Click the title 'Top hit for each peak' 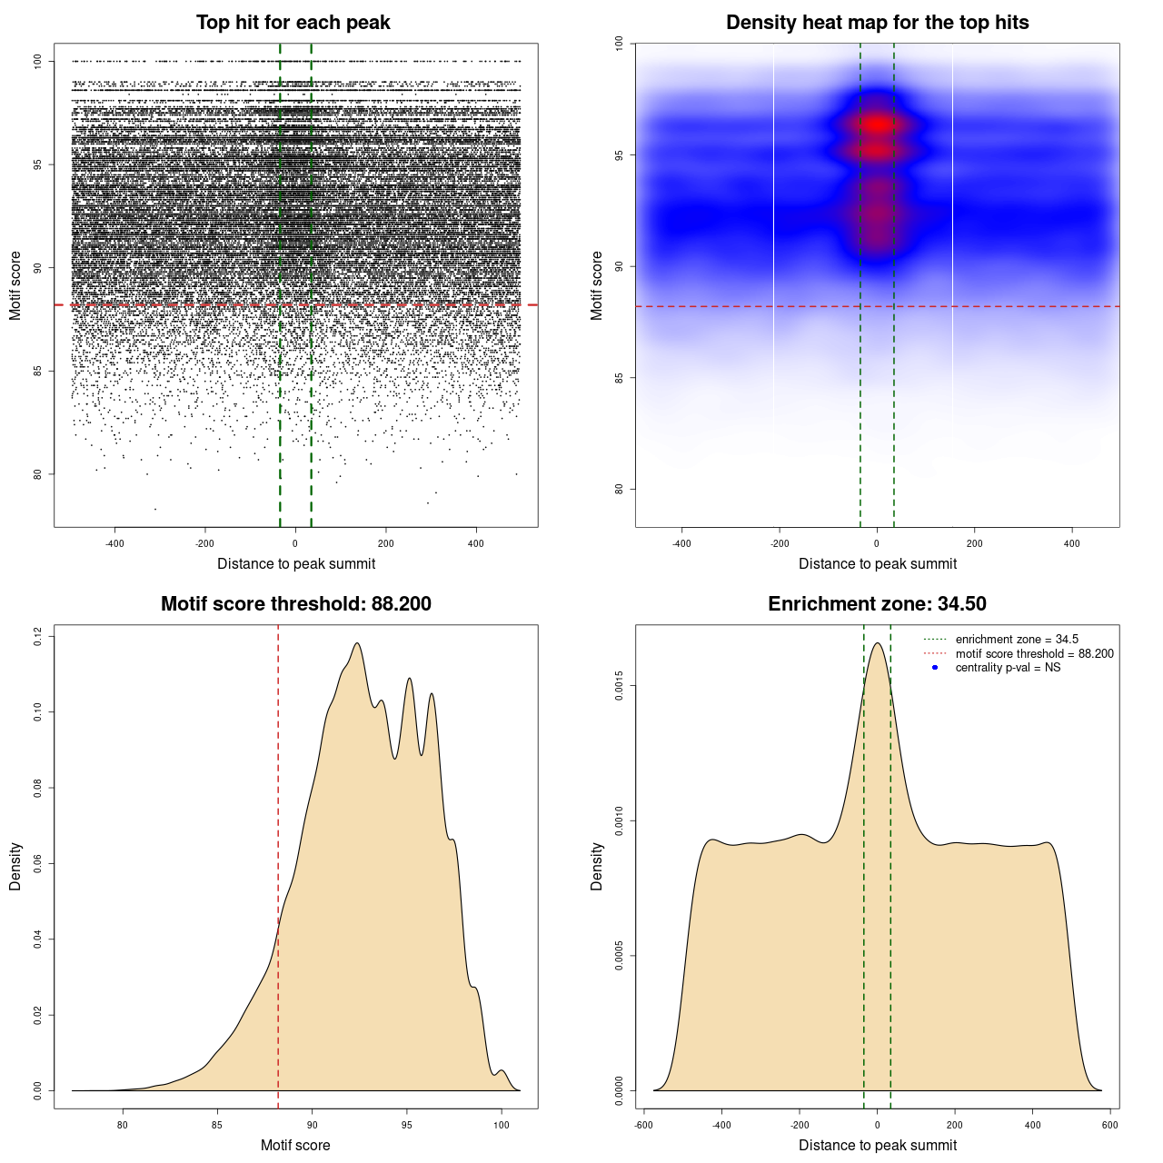(293, 23)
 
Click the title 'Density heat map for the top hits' (877, 23)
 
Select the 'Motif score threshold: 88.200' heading (295, 604)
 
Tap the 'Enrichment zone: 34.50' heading (877, 604)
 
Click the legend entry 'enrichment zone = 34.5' (1017, 640)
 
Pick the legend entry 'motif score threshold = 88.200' (1034, 654)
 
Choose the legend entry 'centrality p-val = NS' (1008, 668)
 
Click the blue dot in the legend (935, 668)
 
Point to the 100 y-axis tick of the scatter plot (38, 61)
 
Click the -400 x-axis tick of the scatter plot (114, 543)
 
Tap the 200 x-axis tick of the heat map (975, 543)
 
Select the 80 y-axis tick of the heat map (620, 489)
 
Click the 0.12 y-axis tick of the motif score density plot (38, 636)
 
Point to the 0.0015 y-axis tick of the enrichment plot (620, 686)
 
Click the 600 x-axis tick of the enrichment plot (1110, 1125)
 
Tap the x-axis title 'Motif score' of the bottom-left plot (295, 1145)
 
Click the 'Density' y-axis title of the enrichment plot (597, 866)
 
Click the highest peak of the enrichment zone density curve (878, 643)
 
